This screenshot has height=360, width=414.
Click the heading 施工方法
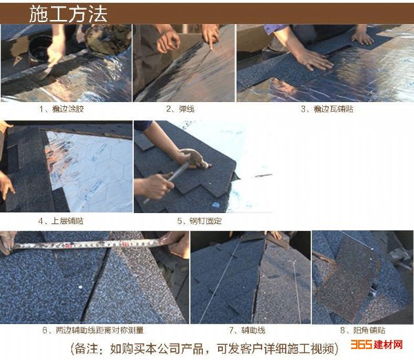click(68, 14)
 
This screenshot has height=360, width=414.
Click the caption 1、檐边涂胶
click(61, 109)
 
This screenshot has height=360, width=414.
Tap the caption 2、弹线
click(180, 109)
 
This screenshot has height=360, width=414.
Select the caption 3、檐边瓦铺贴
click(327, 109)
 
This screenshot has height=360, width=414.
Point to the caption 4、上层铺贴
click(61, 221)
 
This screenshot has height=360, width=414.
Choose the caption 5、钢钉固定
click(199, 221)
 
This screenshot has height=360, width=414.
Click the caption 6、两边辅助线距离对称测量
click(93, 330)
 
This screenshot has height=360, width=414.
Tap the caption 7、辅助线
click(247, 330)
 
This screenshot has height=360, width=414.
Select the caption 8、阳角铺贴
click(363, 330)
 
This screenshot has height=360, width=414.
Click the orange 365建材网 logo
click(377, 345)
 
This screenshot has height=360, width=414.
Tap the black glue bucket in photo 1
click(39, 50)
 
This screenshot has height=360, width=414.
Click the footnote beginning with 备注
click(204, 349)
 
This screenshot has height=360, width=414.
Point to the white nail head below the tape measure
click(80, 287)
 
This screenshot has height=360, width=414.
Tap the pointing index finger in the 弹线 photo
click(210, 42)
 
